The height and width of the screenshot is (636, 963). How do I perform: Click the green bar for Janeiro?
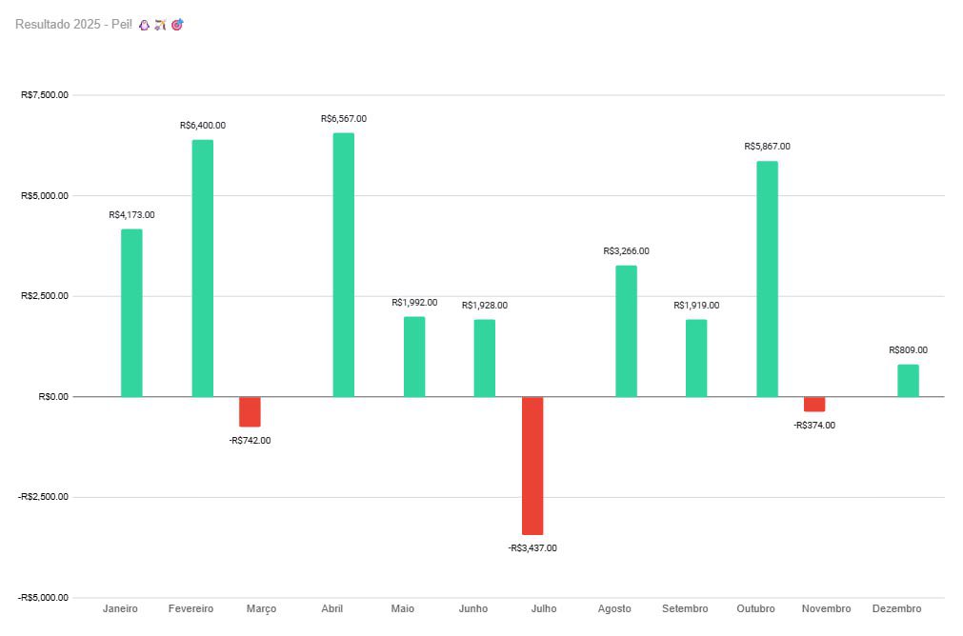pos(131,312)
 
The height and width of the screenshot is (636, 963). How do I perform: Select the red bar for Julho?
pos(532,466)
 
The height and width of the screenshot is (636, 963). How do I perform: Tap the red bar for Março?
pos(250,411)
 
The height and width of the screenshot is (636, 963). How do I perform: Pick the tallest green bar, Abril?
pos(343,265)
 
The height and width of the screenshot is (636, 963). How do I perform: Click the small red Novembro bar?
pos(814,404)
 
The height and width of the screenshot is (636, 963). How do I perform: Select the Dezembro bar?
pos(908,380)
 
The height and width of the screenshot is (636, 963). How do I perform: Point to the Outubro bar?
pos(767,278)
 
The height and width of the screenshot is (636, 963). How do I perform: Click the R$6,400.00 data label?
pos(203,126)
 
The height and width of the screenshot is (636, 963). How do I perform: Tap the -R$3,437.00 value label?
pos(532,548)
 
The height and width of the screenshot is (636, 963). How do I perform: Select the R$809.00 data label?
pos(908,350)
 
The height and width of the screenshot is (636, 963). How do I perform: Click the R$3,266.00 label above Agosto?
pos(626,251)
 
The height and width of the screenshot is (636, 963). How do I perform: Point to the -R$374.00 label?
pos(814,426)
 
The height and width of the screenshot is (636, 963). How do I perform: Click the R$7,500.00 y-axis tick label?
pos(44,95)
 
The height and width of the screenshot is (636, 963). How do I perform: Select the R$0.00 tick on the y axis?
pos(51,396)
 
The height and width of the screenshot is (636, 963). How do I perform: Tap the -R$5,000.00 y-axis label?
pos(43,597)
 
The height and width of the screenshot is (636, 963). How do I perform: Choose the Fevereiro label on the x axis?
pos(191,608)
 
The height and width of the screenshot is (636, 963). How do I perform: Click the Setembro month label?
pos(685,608)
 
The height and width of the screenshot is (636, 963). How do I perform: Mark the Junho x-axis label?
pos(472,608)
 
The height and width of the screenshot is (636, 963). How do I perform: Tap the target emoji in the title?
pos(177,25)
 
